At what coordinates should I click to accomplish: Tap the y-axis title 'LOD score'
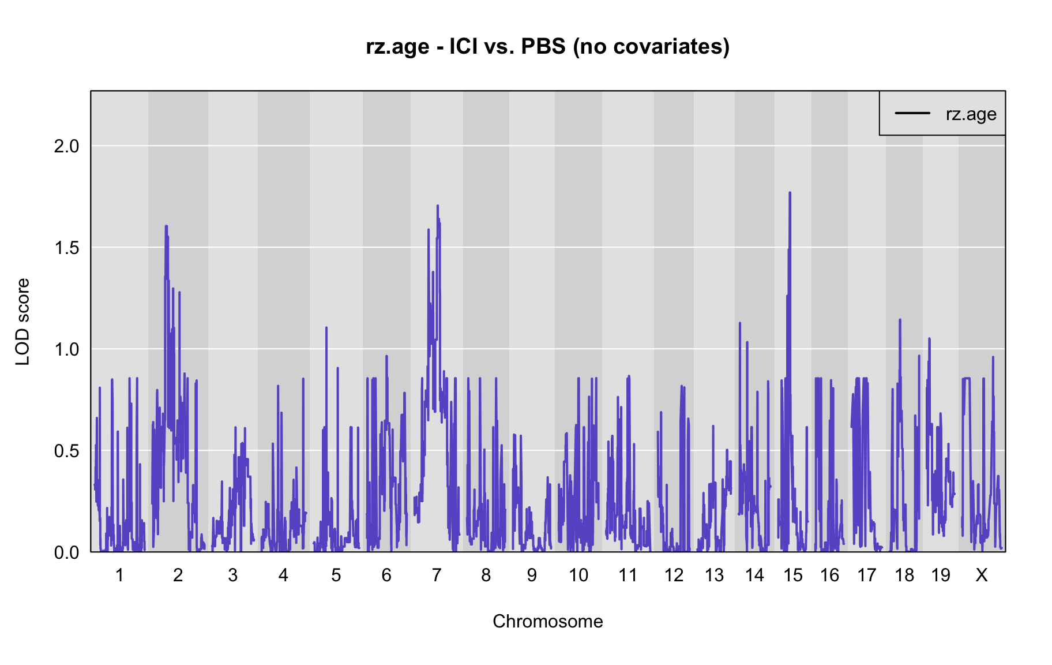coord(22,322)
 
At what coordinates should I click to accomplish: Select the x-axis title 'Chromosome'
coord(547,621)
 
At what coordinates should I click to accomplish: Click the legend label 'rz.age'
coord(971,114)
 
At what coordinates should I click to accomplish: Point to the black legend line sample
coord(912,113)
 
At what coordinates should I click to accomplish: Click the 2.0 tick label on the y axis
coord(66,146)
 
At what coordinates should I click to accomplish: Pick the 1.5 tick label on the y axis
coord(66,248)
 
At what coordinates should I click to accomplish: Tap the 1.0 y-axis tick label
coord(66,349)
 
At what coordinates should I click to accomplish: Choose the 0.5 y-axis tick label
coord(66,451)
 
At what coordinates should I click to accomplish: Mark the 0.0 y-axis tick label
coord(66,552)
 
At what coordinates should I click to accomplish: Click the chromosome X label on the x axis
coord(982,575)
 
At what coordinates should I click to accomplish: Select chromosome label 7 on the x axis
coord(437,575)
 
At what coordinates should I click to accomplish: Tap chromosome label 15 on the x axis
coord(793,575)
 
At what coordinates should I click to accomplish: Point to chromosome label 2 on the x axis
coord(178,575)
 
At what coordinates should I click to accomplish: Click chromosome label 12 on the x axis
coord(674,575)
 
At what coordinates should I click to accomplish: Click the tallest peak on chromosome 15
coord(790,193)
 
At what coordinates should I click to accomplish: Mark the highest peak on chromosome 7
coord(438,206)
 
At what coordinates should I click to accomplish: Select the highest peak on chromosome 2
coord(166,226)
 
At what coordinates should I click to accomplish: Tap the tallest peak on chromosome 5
coord(326,327)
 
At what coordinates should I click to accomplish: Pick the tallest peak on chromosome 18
coord(900,320)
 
